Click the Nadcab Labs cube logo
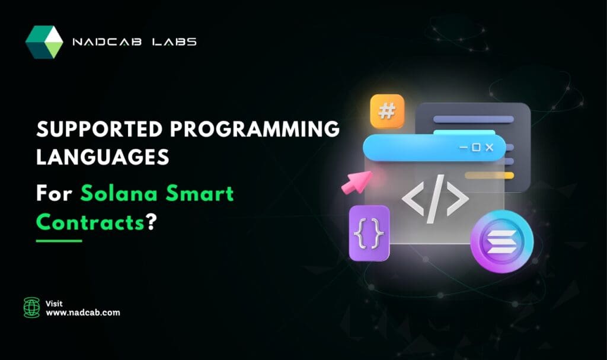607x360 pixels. (x=44, y=42)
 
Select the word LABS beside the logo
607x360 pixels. (x=176, y=42)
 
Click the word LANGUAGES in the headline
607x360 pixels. (x=103, y=158)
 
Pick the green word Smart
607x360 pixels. (x=201, y=193)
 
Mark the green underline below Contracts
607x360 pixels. (x=59, y=241)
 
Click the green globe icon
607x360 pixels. (x=31, y=307)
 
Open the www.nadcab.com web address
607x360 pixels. (x=82, y=313)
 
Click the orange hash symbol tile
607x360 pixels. (x=387, y=111)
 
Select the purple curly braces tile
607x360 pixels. (x=369, y=232)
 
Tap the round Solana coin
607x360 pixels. (x=501, y=244)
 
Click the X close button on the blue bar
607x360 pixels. (x=489, y=147)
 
